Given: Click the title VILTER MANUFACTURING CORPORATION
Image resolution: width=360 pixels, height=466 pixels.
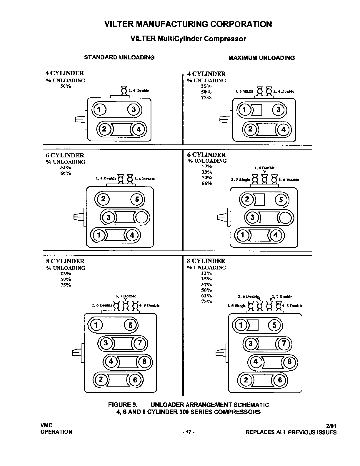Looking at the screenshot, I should pyautogui.click(x=188, y=24).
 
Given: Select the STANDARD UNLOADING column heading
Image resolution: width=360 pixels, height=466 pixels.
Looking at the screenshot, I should pyautogui.click(x=119, y=57).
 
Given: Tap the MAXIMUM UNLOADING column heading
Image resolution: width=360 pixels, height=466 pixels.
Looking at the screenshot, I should pyautogui.click(x=261, y=58).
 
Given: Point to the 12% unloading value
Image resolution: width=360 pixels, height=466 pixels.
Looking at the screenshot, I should pyautogui.click(x=206, y=273).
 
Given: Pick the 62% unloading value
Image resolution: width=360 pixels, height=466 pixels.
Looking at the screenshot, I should pyautogui.click(x=206, y=296).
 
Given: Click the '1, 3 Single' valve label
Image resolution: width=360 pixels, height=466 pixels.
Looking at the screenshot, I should pyautogui.click(x=244, y=91).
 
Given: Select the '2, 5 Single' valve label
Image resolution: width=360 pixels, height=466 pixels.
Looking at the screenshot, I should pyautogui.click(x=240, y=179).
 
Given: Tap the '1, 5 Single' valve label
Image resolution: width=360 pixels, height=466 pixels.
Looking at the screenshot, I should pyautogui.click(x=236, y=306).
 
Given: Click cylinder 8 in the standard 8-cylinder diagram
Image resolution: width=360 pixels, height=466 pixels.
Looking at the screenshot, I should pyautogui.click(x=144, y=361).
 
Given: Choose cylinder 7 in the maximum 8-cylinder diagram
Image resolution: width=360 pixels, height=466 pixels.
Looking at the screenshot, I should pyautogui.click(x=284, y=343).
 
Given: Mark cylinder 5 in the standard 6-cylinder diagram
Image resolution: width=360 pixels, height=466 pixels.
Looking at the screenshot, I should pyautogui.click(x=137, y=200).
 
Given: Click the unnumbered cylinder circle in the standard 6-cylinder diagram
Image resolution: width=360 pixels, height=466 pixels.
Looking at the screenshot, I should pyautogui.click(x=142, y=218).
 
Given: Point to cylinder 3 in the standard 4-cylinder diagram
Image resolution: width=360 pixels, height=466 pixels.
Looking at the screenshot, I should pyautogui.click(x=134, y=110).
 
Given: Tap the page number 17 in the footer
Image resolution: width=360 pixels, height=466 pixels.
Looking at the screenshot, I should pyautogui.click(x=189, y=432).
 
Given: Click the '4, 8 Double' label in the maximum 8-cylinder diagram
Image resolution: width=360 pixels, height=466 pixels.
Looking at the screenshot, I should pyautogui.click(x=292, y=306).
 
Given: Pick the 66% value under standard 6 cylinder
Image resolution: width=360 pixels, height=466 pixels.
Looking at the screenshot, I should pyautogui.click(x=66, y=173).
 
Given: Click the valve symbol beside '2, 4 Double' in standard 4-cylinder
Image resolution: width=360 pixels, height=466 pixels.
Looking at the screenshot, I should pyautogui.click(x=124, y=90).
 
